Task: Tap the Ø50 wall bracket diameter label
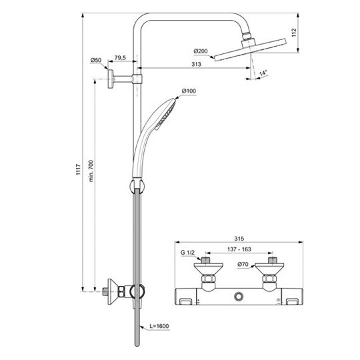pyautogui.click(x=96, y=61)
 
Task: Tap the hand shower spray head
pyautogui.click(x=163, y=112)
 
